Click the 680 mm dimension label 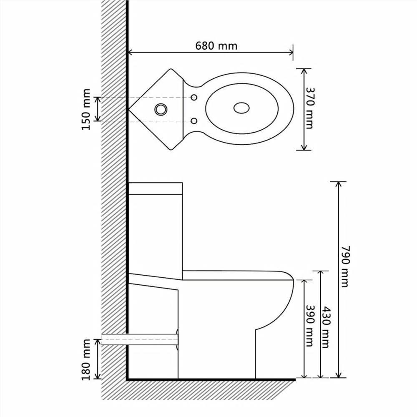[x=216, y=45]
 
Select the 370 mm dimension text [x=310, y=108]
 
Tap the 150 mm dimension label [x=86, y=109]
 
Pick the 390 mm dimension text [x=309, y=326]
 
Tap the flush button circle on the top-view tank [x=161, y=109]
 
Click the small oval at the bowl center [x=242, y=108]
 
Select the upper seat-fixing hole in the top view [x=194, y=97]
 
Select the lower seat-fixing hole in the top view [x=194, y=121]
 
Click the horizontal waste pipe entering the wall [x=140, y=339]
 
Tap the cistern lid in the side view [x=155, y=188]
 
